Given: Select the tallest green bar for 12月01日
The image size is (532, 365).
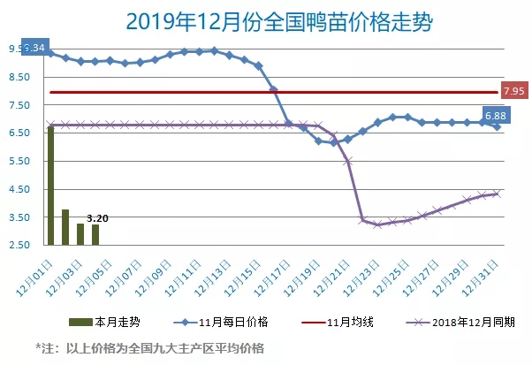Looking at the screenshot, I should point(50,186).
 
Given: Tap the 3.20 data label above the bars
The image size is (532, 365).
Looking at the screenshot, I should point(97,217).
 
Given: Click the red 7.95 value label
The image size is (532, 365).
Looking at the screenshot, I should point(514,91).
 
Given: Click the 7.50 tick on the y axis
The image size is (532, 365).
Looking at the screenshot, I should point(20,105).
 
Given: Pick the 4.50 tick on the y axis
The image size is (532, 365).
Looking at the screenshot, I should point(20,189).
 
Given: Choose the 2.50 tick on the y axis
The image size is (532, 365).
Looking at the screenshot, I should point(20,245).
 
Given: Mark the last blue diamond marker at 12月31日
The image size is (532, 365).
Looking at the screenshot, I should point(497,127).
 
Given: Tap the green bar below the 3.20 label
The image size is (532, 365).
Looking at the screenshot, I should point(95,235).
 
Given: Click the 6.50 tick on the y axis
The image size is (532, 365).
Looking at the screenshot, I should point(20,133).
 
